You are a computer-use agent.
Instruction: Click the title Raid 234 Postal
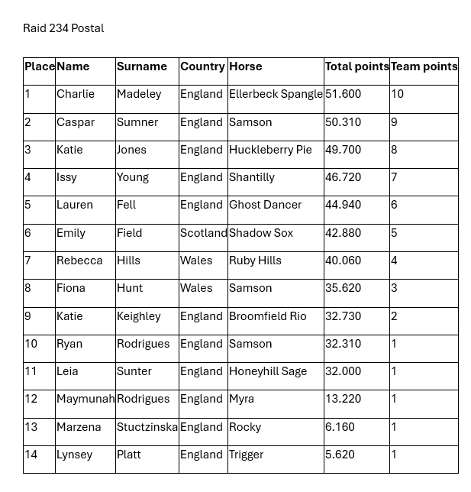coord(63,28)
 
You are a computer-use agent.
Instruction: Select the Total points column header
coord(356,66)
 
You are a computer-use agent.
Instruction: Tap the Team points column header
coord(424,66)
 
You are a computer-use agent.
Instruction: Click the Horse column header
coord(245,66)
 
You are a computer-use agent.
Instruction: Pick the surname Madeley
coord(139,94)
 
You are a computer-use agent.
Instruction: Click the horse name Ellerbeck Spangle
coord(276,94)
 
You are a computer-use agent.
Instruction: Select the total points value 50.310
coord(343,122)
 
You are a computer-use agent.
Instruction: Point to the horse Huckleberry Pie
coord(270,150)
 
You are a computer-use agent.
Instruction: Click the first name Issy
coord(66,177)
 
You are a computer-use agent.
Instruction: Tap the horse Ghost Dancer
coord(265,205)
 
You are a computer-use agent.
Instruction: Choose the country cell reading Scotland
coord(203,233)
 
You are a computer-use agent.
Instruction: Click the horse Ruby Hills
coord(255,261)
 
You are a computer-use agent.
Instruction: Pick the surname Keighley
coord(139,316)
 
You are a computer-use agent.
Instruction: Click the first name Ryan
coord(69,344)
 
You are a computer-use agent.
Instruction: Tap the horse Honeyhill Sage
coord(268,371)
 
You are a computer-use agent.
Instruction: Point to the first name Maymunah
coord(85,399)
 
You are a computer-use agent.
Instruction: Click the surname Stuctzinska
coord(147,427)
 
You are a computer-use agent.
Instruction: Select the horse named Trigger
coord(246,455)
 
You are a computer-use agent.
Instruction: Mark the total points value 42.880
coord(343,233)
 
